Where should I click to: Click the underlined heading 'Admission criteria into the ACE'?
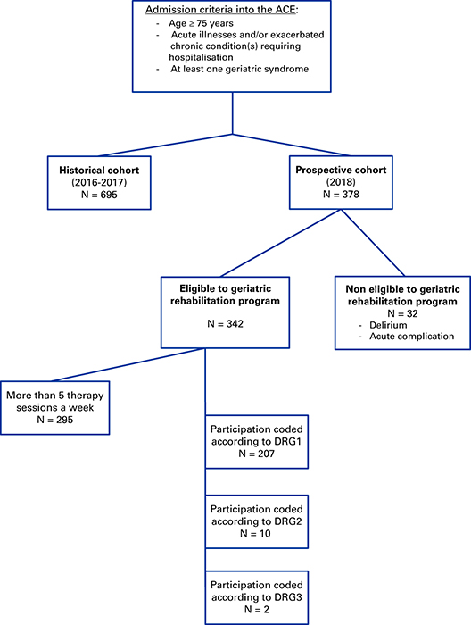[220, 10]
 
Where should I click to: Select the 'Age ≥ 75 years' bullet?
[201, 23]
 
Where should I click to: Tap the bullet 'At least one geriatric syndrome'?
[239, 69]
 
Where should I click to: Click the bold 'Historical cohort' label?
[99, 171]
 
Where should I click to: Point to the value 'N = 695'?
[99, 195]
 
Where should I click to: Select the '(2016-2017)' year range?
[99, 182]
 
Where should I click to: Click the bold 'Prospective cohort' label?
[341, 170]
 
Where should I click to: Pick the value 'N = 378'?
[341, 194]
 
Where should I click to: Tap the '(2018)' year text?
[341, 182]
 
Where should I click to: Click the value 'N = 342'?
[225, 323]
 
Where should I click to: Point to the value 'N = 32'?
[402, 313]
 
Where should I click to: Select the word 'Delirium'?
[388, 325]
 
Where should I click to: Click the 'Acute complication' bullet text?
[411, 337]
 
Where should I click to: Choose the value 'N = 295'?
[55, 420]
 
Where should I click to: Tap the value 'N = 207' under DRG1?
[256, 454]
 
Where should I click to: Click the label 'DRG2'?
[288, 521]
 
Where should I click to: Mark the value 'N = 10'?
[255, 533]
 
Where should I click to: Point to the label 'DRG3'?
[288, 597]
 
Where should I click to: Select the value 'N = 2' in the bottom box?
[256, 610]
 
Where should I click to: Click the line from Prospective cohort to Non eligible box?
[373, 243]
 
